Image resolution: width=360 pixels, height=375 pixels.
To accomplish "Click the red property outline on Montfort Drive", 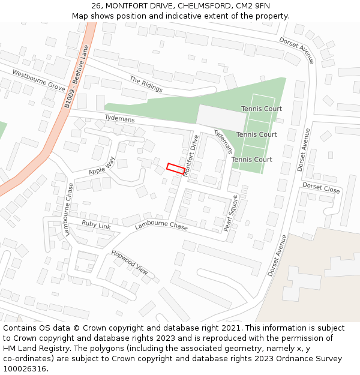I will click(x=175, y=169).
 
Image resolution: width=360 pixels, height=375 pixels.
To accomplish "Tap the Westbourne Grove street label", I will click(x=38, y=82).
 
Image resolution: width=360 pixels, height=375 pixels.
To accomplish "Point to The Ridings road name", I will click(x=146, y=84).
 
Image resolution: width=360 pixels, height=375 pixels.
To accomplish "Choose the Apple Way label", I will click(x=101, y=166).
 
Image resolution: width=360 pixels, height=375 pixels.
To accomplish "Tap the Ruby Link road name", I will click(x=96, y=225).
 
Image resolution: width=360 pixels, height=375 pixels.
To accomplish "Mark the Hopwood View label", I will click(x=129, y=262).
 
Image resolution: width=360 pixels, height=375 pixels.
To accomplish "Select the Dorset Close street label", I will click(x=321, y=188).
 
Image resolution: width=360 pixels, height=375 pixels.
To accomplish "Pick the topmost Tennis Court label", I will click(x=262, y=109).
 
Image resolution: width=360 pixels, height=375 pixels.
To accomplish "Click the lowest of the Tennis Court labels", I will click(x=252, y=160).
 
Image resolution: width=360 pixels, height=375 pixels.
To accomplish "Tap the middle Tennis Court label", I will click(x=257, y=134).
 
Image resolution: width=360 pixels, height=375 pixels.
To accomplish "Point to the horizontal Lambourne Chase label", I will click(x=161, y=226).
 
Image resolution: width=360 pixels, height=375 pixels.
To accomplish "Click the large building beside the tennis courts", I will click(x=221, y=118).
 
